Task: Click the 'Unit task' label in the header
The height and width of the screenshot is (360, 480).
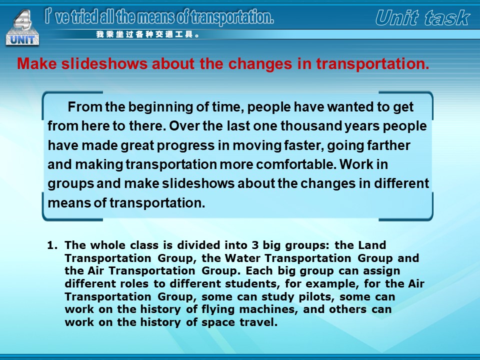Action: (x=423, y=18)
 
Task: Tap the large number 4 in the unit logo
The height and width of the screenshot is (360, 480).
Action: (x=23, y=19)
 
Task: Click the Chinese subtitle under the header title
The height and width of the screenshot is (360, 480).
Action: (x=148, y=34)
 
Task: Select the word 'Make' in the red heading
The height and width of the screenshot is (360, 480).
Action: (x=37, y=63)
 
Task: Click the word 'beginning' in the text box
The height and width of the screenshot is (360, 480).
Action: (x=160, y=107)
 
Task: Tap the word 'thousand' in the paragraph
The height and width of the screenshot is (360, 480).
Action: (x=311, y=126)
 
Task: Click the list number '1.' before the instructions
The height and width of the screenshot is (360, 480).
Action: (x=52, y=245)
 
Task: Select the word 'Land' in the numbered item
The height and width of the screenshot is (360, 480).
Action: (x=372, y=245)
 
